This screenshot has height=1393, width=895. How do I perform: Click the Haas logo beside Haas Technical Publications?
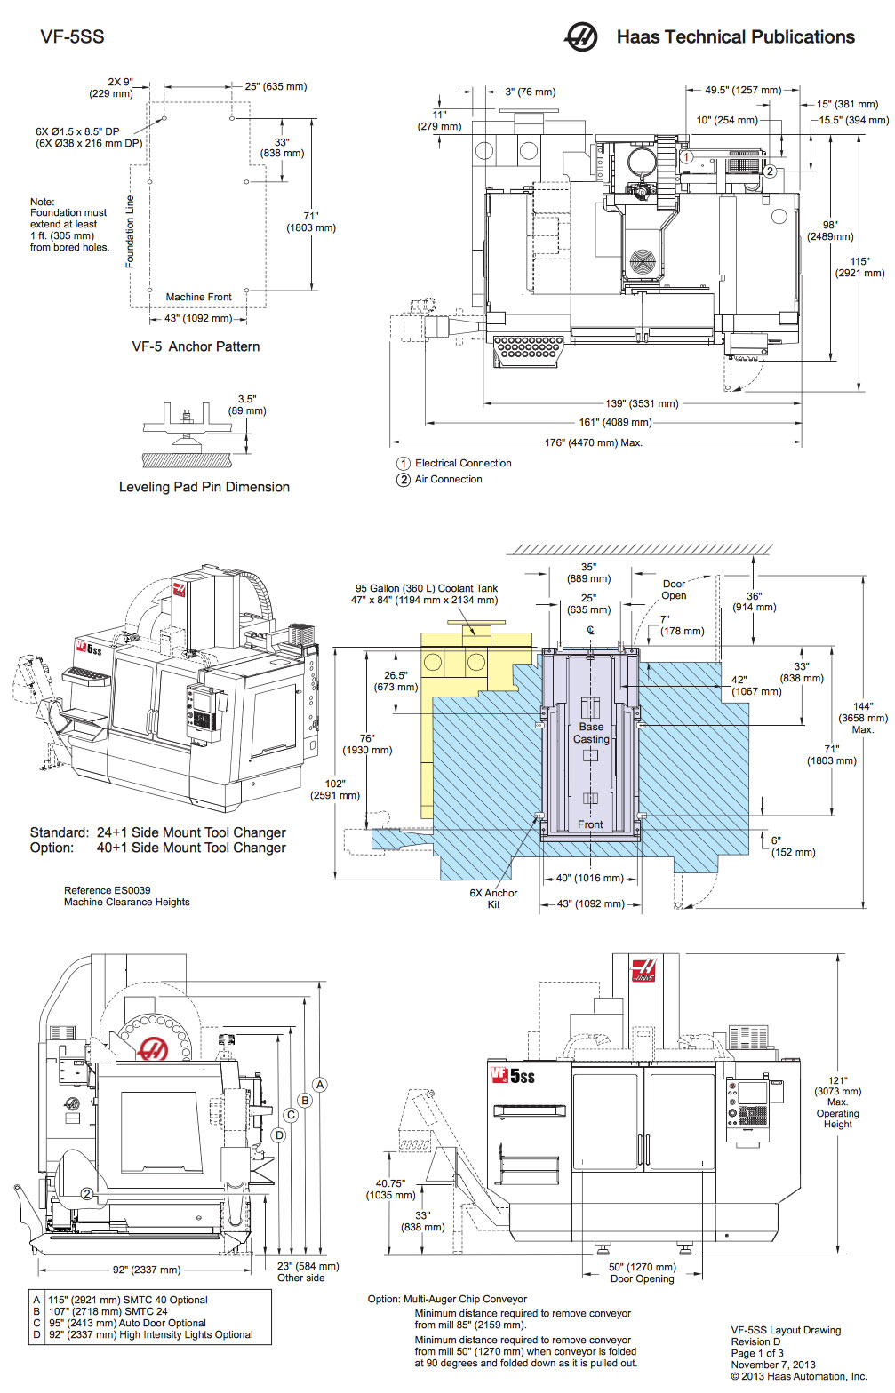tap(581, 36)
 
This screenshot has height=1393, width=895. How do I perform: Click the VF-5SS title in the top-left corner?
tap(72, 36)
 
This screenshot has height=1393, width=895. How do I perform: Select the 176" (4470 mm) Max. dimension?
tap(593, 442)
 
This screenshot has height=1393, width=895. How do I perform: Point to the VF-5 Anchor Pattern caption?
tap(196, 346)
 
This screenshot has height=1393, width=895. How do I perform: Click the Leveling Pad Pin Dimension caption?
tap(204, 487)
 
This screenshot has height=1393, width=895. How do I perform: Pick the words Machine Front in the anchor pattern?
tap(198, 297)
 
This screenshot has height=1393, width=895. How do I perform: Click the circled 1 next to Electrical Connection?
tap(404, 464)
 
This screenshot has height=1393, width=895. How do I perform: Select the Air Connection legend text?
tap(448, 479)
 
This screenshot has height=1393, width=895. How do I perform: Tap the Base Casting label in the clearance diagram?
tap(591, 733)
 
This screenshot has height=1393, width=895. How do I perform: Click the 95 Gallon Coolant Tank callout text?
tap(426, 593)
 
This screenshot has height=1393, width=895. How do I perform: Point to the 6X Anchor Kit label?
tap(493, 898)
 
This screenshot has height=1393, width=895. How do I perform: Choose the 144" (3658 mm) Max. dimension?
tap(862, 718)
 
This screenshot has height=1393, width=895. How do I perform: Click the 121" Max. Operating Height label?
tap(837, 1102)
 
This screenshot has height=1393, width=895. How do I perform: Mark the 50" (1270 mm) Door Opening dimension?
tap(642, 1272)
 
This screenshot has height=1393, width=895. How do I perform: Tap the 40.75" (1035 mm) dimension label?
tap(390, 1190)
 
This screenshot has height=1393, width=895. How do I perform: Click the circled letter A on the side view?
tap(320, 1085)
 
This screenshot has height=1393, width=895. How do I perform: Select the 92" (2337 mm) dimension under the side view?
tap(146, 1270)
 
